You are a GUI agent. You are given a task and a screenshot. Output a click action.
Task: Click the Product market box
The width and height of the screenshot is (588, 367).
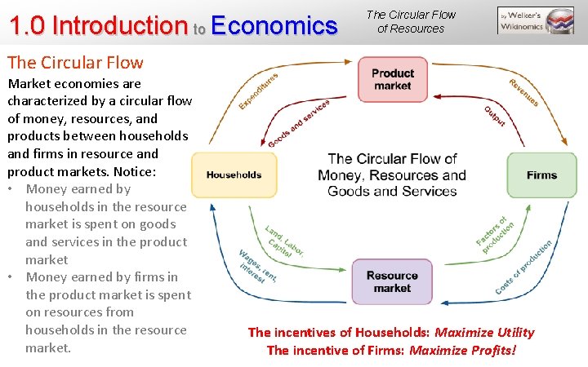click(x=392, y=79)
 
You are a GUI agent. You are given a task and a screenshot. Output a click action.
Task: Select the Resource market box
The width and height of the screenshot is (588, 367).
click(x=392, y=281)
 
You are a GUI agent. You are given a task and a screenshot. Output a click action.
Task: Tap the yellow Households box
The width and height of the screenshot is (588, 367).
click(x=234, y=175)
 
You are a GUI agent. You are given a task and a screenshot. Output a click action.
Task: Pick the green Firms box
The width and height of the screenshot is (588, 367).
click(x=541, y=175)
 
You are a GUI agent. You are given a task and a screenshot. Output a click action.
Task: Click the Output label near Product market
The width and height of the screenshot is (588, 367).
click(x=494, y=116)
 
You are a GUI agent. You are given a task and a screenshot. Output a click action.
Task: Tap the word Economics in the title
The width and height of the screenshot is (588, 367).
click(x=274, y=26)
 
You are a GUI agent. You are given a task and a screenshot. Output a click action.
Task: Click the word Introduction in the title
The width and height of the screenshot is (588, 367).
click(x=119, y=26)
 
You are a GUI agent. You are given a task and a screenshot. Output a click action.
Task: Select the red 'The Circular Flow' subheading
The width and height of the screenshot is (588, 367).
click(x=75, y=62)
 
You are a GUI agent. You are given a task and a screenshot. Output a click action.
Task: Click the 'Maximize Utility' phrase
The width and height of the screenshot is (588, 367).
click(x=484, y=332)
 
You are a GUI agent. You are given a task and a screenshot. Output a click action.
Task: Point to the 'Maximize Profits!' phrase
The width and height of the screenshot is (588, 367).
click(x=463, y=351)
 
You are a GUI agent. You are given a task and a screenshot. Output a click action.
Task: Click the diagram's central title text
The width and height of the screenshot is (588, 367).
click(x=392, y=175)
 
